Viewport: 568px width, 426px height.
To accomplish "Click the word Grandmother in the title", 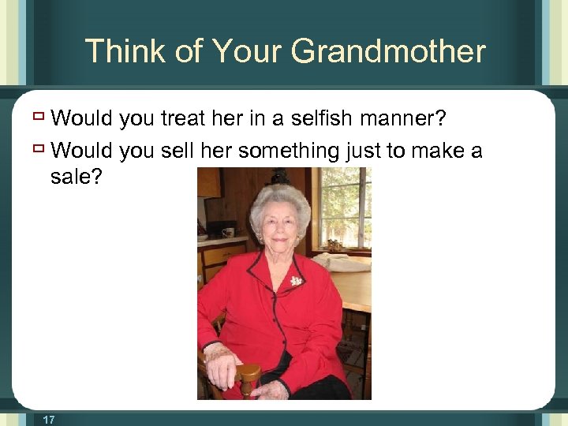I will click(388, 52).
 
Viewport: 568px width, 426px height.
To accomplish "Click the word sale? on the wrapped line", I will click(76, 177).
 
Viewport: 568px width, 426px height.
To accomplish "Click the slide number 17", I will click(49, 419).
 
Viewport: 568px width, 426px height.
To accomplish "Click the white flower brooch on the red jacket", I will click(297, 280).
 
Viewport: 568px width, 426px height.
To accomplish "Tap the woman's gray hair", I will click(280, 197).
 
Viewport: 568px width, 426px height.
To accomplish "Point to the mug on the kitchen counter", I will click(228, 232).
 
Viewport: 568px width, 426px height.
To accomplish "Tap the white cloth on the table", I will click(341, 263).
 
